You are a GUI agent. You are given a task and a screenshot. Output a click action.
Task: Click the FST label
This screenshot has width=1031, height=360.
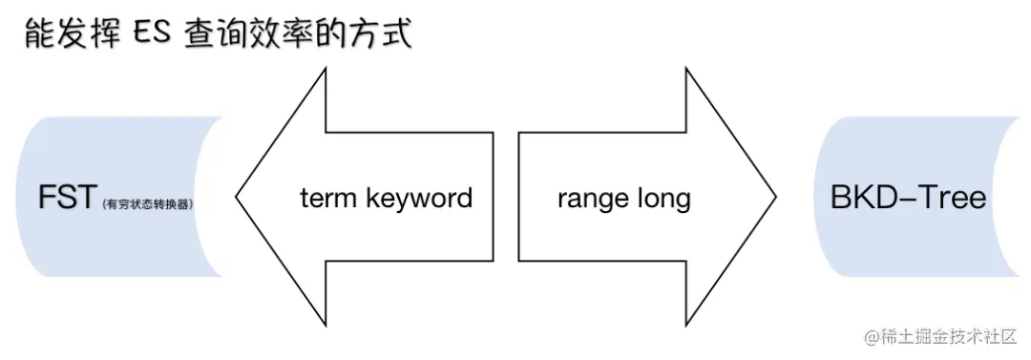pos(67,198)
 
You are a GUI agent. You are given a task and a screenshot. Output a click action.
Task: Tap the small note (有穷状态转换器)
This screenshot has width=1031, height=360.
pos(153,202)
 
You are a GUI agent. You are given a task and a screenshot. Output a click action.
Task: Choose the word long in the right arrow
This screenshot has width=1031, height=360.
pos(665,199)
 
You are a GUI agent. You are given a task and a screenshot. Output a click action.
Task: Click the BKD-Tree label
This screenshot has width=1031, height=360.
pos(908,198)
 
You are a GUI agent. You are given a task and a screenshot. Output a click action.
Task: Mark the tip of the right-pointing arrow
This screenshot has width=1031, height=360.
pos(774,199)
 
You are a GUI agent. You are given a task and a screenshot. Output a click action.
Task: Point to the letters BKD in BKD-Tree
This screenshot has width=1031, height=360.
pos(865,198)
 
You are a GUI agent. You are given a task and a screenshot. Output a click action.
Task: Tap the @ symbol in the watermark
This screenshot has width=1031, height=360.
pos(872,336)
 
